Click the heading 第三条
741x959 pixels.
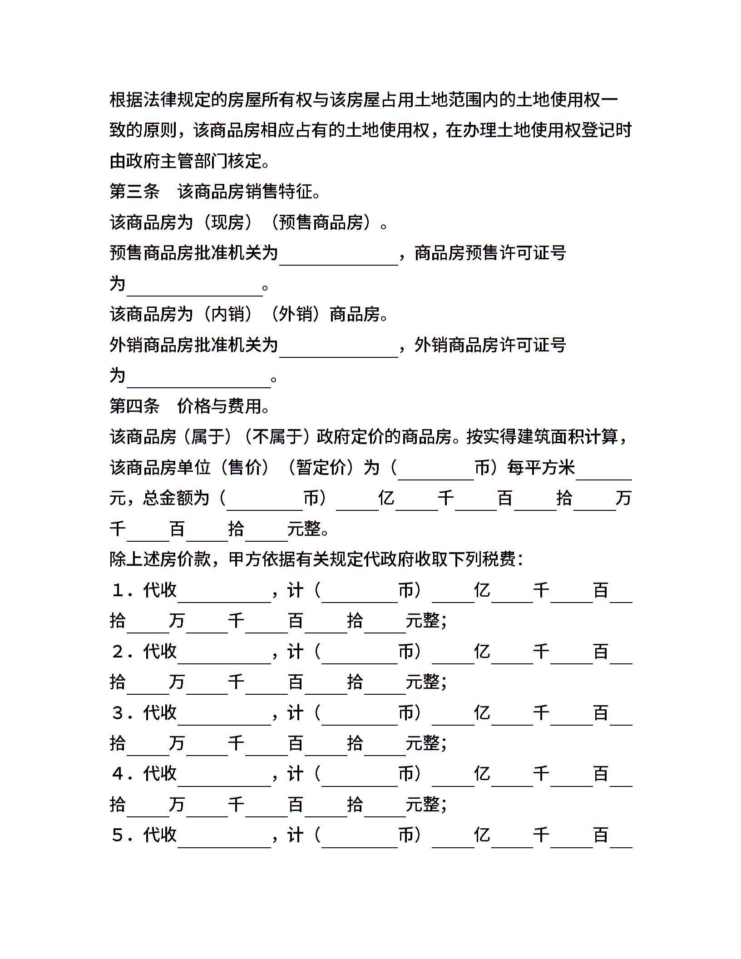point(134,192)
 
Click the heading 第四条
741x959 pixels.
point(134,406)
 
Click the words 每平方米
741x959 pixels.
point(541,467)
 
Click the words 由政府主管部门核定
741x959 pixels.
point(186,161)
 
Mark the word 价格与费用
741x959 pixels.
point(219,406)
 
